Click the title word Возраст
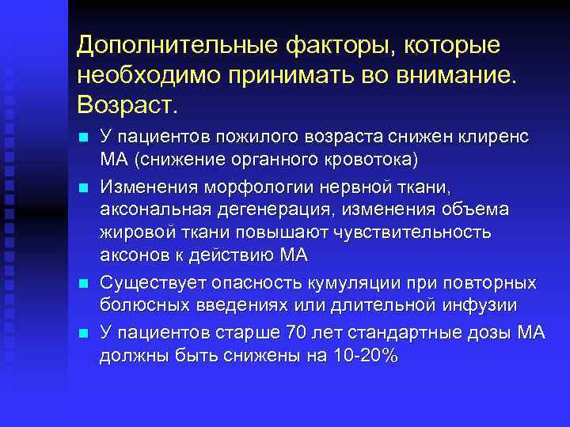(127, 103)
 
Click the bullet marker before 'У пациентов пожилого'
(82, 138)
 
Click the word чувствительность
(412, 232)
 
